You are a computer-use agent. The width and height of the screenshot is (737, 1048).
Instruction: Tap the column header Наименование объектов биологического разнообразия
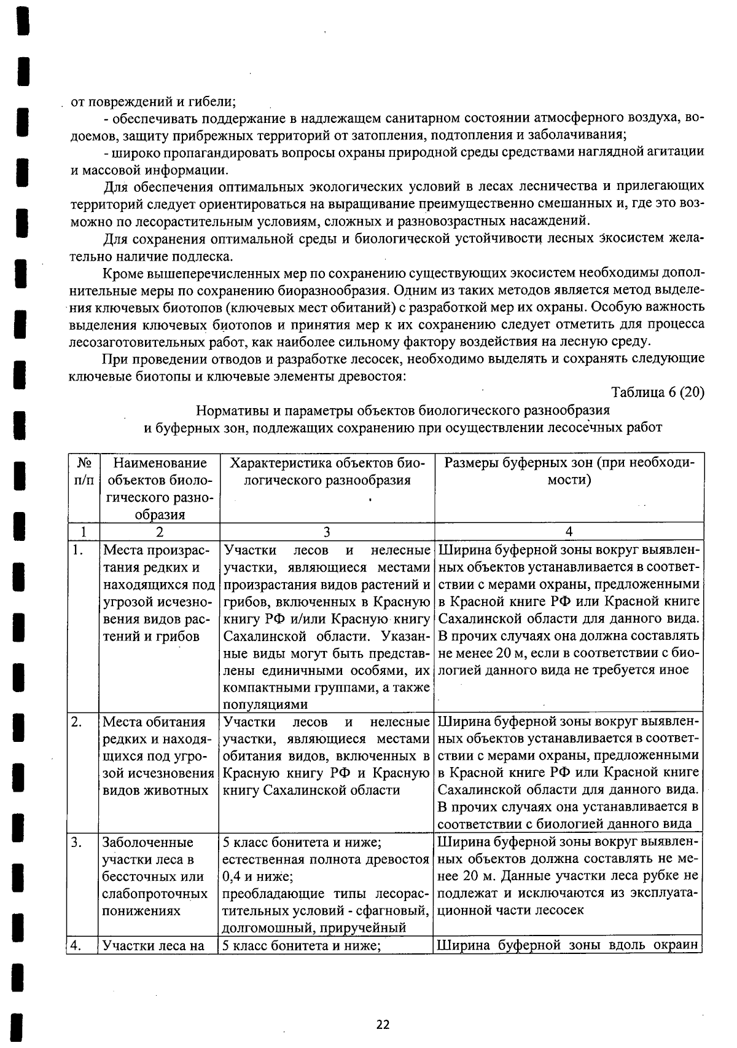pyautogui.click(x=159, y=489)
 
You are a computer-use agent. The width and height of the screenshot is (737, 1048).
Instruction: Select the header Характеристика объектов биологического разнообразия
pyautogui.click(x=327, y=471)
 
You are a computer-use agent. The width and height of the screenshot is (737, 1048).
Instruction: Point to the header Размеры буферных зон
pyautogui.click(x=569, y=471)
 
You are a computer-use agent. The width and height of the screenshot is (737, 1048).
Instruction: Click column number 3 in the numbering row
pyautogui.click(x=327, y=531)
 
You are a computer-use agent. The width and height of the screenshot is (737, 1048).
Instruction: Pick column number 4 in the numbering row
pyautogui.click(x=569, y=531)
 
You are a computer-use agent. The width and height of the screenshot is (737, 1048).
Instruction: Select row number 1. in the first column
pyautogui.click(x=77, y=550)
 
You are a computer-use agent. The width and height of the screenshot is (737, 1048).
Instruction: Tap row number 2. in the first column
pyautogui.click(x=77, y=722)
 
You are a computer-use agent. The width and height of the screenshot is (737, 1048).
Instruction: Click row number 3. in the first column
pyautogui.click(x=77, y=842)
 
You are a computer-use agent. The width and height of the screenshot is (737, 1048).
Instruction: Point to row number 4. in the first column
pyautogui.click(x=77, y=945)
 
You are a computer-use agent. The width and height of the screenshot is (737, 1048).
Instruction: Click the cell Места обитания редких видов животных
pyautogui.click(x=157, y=756)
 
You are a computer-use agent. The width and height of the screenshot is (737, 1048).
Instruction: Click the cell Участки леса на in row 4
pyautogui.click(x=154, y=945)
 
